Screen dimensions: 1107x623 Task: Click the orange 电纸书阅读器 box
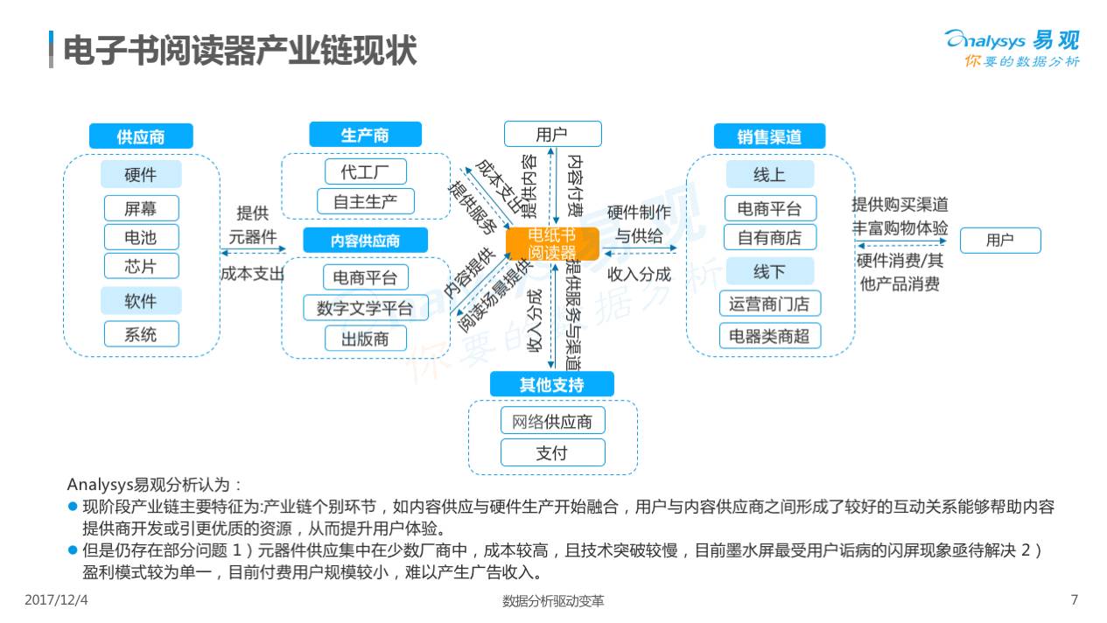pyautogui.click(x=552, y=243)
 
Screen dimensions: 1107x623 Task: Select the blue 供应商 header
pyautogui.click(x=141, y=136)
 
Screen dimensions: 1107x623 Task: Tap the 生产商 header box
pyautogui.click(x=365, y=135)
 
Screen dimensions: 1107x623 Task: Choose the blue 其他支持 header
pyautogui.click(x=552, y=384)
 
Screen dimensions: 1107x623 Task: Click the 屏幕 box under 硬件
pyautogui.click(x=142, y=208)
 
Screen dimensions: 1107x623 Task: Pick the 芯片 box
pyautogui.click(x=142, y=266)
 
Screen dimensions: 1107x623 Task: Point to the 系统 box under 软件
pyautogui.click(x=142, y=334)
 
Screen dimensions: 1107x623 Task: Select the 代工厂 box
pyautogui.click(x=366, y=171)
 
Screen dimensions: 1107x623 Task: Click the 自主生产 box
pyautogui.click(x=366, y=201)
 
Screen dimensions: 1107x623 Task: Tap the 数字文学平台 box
pyautogui.click(x=366, y=308)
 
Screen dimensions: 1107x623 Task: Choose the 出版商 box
pyautogui.click(x=366, y=338)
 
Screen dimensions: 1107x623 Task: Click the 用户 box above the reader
pyautogui.click(x=552, y=134)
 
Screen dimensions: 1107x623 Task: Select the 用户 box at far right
pyautogui.click(x=1000, y=241)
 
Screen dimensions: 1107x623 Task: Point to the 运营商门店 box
pyautogui.click(x=770, y=304)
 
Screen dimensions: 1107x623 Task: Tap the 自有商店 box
pyautogui.click(x=770, y=237)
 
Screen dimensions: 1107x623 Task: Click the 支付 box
pyautogui.click(x=552, y=452)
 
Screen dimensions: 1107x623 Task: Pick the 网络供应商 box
pyautogui.click(x=552, y=421)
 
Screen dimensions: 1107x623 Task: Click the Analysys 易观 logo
pyautogui.click(x=1012, y=48)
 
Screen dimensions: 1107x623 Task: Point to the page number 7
pyautogui.click(x=1075, y=599)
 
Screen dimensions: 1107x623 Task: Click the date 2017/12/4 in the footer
pyautogui.click(x=56, y=599)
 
